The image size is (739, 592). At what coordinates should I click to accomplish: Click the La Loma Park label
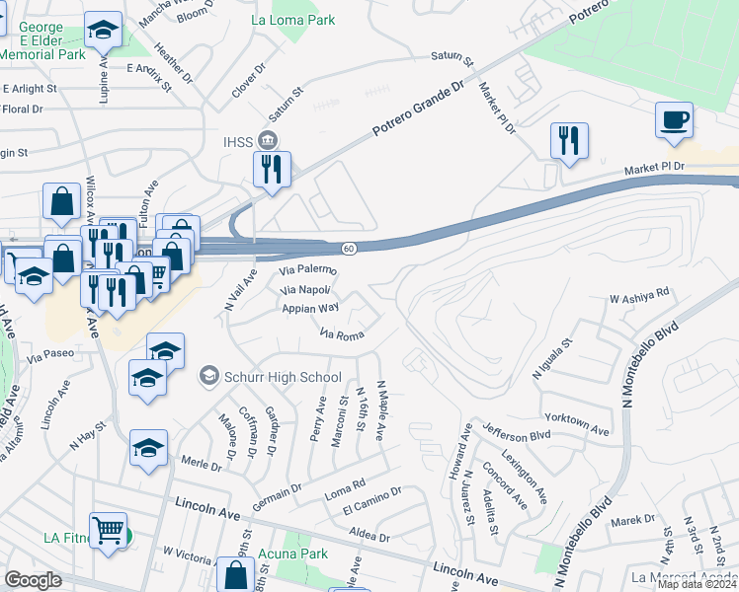pyautogui.click(x=293, y=20)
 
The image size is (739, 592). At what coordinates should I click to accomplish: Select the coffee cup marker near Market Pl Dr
pyautogui.click(x=674, y=121)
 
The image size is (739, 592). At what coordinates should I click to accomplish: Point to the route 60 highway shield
pyautogui.click(x=349, y=248)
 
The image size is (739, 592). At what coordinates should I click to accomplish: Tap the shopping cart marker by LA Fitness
pyautogui.click(x=108, y=531)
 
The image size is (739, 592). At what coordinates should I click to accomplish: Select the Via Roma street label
pyautogui.click(x=342, y=334)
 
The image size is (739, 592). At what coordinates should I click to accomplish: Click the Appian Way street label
pyautogui.click(x=311, y=308)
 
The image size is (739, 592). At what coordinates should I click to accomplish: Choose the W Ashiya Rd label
pyautogui.click(x=639, y=294)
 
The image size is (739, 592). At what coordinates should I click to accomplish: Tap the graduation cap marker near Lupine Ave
pyautogui.click(x=102, y=32)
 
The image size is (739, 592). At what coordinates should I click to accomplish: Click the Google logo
pyautogui.click(x=33, y=580)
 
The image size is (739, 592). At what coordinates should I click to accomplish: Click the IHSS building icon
pyautogui.click(x=267, y=137)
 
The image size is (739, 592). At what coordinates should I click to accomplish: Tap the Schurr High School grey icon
pyautogui.click(x=208, y=376)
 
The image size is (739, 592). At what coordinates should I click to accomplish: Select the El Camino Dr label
pyautogui.click(x=371, y=501)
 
